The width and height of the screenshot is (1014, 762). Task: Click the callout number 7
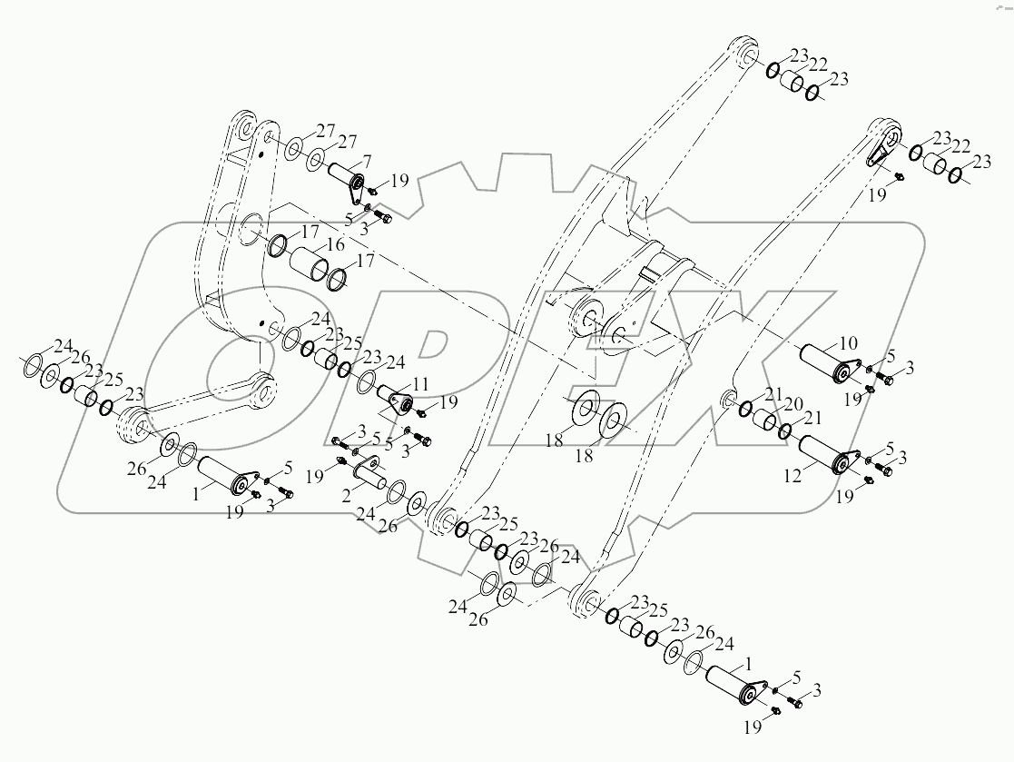pyautogui.click(x=367, y=161)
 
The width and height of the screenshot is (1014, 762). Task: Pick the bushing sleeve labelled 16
pyautogui.click(x=309, y=267)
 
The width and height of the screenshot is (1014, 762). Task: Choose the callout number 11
pyautogui.click(x=420, y=383)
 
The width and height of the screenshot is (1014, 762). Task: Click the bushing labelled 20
pyautogui.click(x=767, y=421)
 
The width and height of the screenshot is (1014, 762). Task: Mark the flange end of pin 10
pyautogui.click(x=852, y=373)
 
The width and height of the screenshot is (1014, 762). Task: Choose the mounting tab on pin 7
pyautogui.click(x=357, y=191)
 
